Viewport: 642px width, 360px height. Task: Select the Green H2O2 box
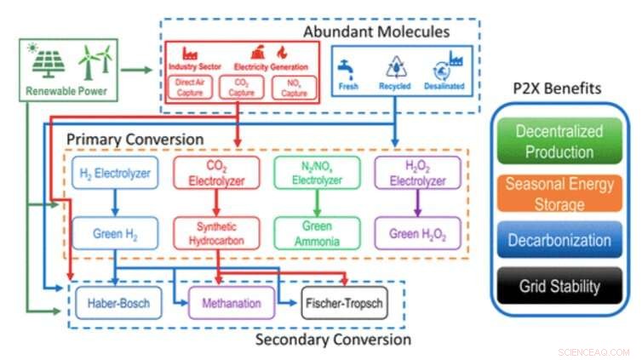click(x=418, y=233)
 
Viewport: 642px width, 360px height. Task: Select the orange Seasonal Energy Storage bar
click(x=559, y=193)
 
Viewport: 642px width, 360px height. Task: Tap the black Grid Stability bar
click(x=559, y=287)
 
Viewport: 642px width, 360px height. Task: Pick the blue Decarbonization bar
click(x=559, y=241)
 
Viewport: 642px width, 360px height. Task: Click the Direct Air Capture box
click(x=188, y=87)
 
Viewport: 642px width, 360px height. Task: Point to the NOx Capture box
click(x=293, y=87)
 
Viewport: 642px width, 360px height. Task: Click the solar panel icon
click(x=48, y=62)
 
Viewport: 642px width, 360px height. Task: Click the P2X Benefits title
click(x=559, y=89)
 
